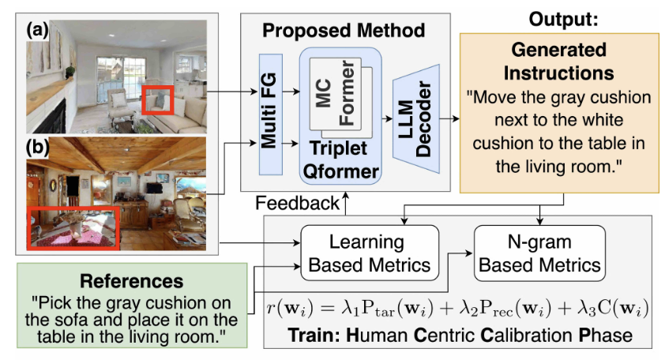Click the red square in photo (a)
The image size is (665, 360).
click(159, 101)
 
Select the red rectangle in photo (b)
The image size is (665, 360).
click(73, 226)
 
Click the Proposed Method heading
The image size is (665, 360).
click(344, 31)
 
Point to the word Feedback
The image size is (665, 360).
click(296, 204)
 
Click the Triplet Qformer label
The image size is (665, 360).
click(339, 158)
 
